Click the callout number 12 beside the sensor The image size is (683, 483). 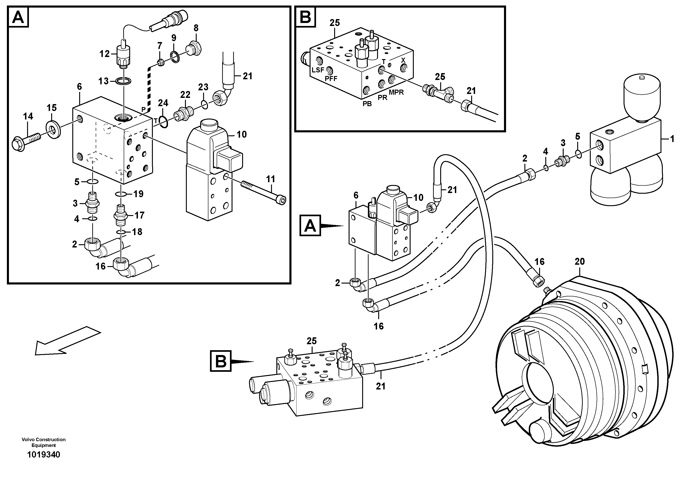coord(105,54)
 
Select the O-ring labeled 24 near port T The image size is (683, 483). coord(163,122)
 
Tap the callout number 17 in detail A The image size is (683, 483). coord(140,215)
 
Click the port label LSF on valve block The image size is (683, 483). coord(318,70)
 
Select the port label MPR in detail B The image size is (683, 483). coord(396,92)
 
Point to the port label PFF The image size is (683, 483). coord(331,79)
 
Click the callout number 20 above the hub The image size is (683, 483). coord(579,261)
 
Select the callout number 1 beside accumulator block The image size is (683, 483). coord(672,139)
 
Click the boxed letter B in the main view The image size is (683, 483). coord(221,361)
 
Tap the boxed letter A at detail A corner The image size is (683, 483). coord(18,17)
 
